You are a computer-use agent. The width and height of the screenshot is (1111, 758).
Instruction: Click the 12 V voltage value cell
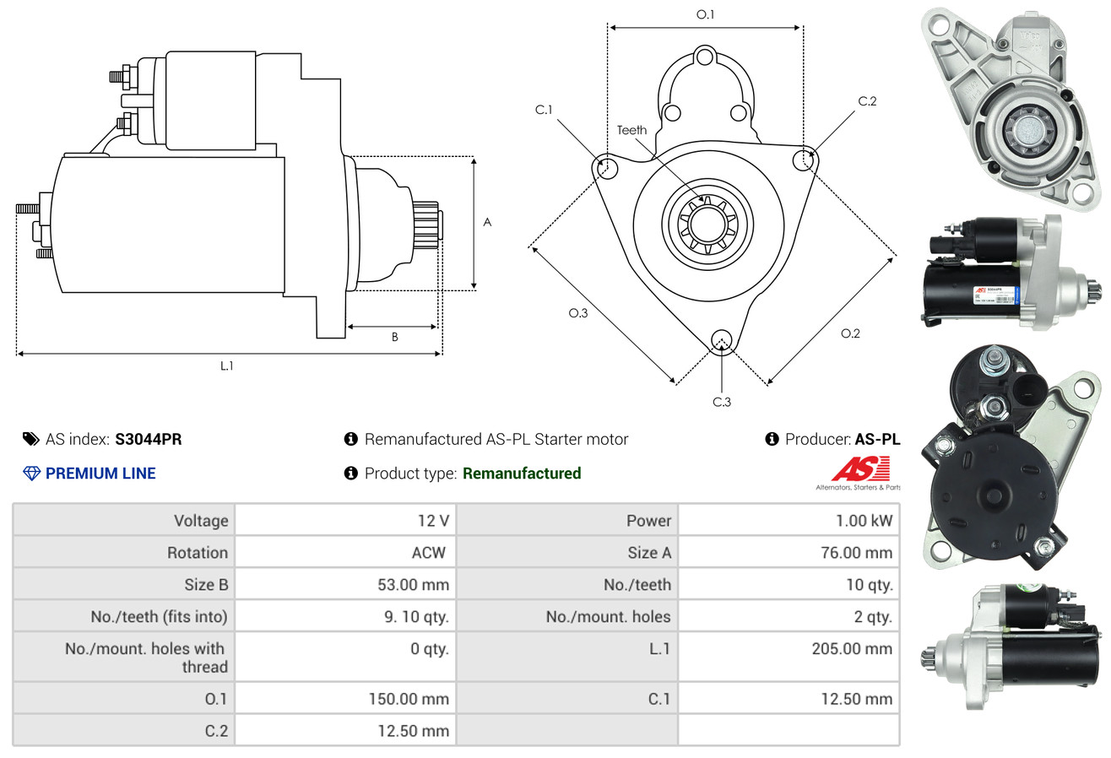click(x=432, y=521)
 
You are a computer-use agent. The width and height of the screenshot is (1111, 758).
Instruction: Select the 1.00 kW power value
click(x=864, y=521)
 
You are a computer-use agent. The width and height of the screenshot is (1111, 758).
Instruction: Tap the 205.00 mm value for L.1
click(x=854, y=649)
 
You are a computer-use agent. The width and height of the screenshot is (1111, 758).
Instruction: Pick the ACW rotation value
click(x=428, y=553)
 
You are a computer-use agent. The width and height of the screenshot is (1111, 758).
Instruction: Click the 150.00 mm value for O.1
click(x=409, y=699)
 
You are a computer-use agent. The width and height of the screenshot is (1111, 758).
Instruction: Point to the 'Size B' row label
click(x=206, y=585)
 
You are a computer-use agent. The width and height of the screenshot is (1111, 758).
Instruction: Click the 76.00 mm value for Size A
click(x=855, y=553)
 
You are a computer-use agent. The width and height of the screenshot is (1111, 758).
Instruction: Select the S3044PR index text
click(x=149, y=439)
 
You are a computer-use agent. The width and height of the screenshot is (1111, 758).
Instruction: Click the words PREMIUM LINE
click(x=100, y=474)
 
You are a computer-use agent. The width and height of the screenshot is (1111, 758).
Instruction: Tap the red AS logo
click(x=860, y=468)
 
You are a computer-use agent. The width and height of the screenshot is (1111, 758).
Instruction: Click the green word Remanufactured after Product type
click(x=522, y=474)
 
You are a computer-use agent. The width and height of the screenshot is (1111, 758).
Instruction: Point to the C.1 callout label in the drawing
click(x=544, y=110)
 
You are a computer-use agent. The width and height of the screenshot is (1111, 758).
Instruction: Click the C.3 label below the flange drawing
click(x=722, y=402)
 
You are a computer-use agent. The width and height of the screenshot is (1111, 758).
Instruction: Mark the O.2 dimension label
click(x=850, y=333)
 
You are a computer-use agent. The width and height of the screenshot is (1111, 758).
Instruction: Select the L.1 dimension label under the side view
click(x=226, y=365)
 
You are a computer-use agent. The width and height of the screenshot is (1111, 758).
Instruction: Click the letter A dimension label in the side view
click(x=487, y=223)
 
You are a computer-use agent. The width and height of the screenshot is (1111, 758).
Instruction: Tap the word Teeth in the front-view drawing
click(x=631, y=130)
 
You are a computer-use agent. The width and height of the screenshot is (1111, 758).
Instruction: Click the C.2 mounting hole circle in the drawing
click(x=804, y=159)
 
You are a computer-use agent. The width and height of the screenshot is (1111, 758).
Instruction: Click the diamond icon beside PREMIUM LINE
click(x=31, y=474)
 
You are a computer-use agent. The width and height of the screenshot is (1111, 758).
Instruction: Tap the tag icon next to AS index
click(x=31, y=439)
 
